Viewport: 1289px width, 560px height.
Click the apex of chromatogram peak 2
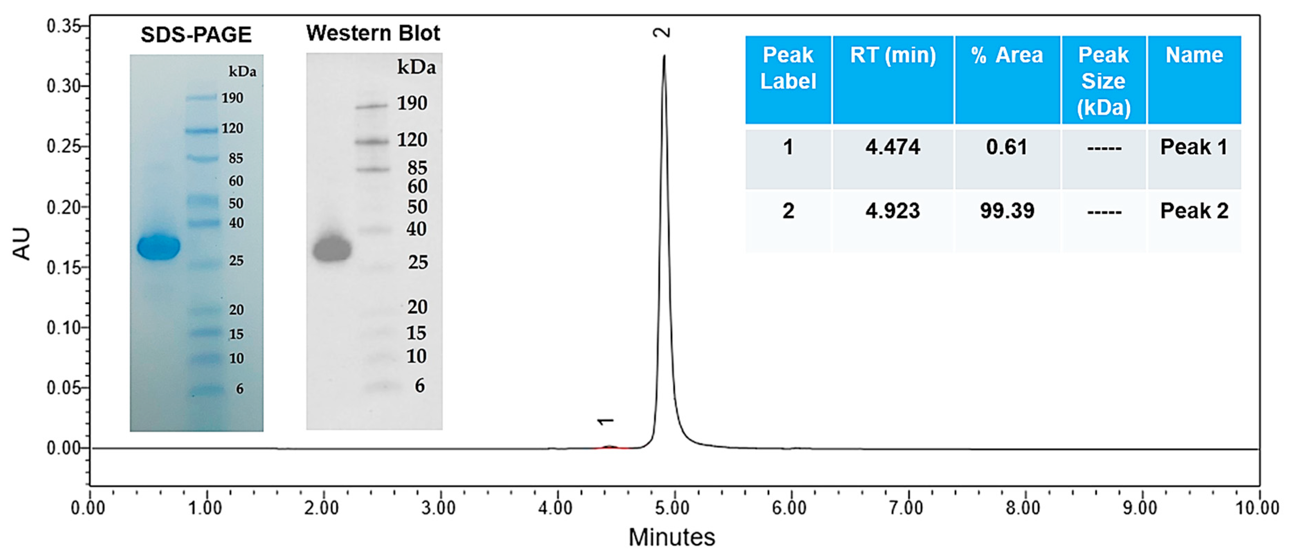point(664,56)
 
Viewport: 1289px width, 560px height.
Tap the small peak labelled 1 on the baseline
point(609,446)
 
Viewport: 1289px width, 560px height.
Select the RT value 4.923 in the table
point(893,211)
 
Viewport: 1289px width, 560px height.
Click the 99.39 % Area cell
point(1007,211)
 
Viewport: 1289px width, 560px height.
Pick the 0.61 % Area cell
point(1007,147)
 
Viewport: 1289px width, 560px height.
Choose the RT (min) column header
point(893,55)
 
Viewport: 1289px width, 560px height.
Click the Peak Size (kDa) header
point(1103,81)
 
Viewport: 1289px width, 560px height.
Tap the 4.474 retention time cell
point(893,147)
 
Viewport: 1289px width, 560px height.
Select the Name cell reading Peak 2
point(1194,211)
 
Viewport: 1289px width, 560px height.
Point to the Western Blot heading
point(373,33)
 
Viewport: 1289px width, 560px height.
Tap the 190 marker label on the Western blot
point(412,103)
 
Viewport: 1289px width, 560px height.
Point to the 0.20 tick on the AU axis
point(64,207)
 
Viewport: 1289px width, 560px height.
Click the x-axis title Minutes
point(672,538)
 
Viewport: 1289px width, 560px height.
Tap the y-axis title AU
point(22,244)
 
